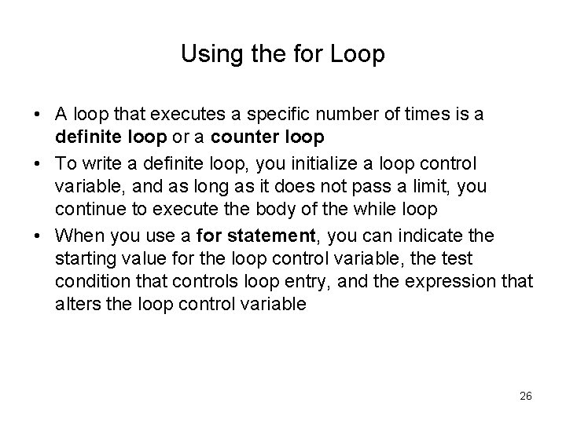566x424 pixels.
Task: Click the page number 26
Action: (525, 397)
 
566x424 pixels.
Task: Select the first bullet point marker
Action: (38, 115)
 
